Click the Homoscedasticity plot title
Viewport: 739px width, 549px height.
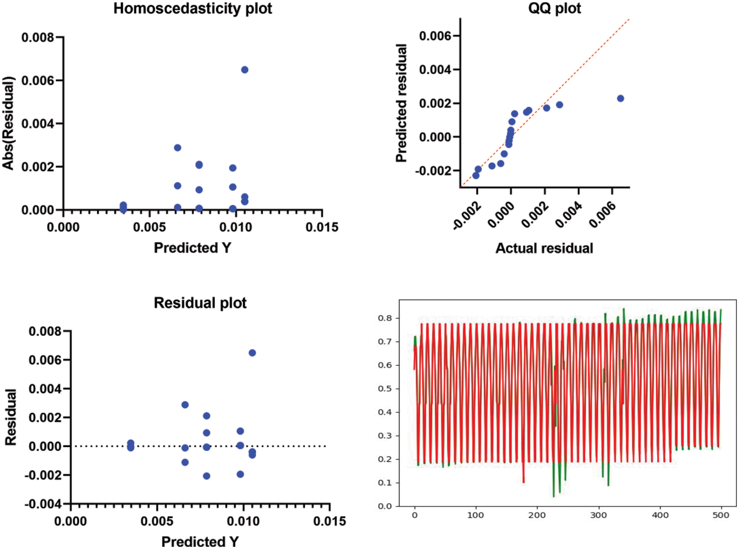coord(193,8)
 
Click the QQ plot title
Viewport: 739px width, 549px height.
coord(554,8)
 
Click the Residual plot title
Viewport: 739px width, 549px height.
coord(200,303)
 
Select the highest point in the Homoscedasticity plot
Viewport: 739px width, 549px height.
coord(245,70)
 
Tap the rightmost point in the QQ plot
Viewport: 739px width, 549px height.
coord(620,98)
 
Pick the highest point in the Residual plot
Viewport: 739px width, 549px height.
coord(252,353)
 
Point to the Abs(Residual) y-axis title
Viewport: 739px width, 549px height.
coord(8,123)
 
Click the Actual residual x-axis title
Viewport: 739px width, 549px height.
coord(544,248)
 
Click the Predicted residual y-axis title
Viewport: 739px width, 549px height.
coord(401,103)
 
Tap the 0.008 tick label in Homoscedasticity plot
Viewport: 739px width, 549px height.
coord(38,38)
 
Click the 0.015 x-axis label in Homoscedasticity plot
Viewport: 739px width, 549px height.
coord(322,227)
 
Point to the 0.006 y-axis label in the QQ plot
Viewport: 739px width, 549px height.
coord(435,36)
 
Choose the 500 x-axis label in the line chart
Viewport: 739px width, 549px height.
coord(720,515)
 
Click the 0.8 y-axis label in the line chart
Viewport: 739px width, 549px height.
coord(385,318)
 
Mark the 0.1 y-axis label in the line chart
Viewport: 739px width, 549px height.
coord(385,483)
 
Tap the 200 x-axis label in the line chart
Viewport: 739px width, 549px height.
coord(537,515)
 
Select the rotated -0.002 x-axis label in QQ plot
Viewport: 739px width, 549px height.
coord(467,216)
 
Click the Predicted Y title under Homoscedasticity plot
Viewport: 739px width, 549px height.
coord(193,248)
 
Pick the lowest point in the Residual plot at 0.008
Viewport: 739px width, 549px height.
coord(206,476)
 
